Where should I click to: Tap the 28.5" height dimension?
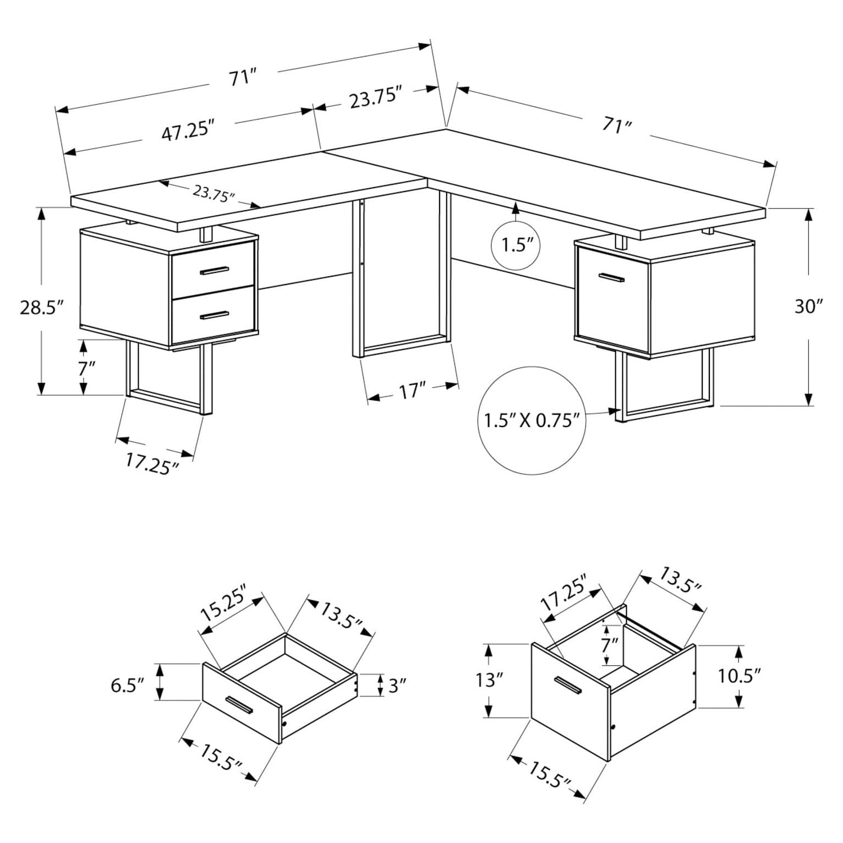coord(42,307)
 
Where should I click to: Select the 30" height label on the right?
coord(808,306)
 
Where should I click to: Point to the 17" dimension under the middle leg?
coord(413,391)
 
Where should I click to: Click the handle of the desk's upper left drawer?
coord(214,270)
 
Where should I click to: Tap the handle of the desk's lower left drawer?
coord(214,315)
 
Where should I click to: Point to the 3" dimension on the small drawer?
coord(398,685)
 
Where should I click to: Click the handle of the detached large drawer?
coord(568,684)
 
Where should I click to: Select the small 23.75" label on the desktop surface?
coord(214,194)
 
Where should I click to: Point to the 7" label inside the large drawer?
coord(609,643)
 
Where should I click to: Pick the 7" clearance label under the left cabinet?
coord(83,368)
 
